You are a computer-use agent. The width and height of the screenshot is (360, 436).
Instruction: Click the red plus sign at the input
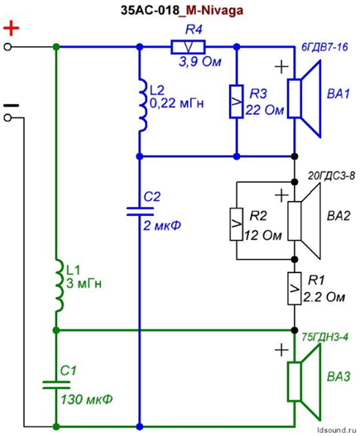coord(11,28)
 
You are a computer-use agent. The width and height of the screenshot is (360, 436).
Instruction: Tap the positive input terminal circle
coord(7,47)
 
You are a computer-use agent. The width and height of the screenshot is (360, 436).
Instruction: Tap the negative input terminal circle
coord(7,118)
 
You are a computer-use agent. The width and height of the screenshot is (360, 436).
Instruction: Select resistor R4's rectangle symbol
coord(188,47)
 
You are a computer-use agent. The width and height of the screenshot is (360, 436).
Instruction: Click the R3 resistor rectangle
coord(237,102)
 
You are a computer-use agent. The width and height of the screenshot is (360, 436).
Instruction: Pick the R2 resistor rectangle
coord(237,224)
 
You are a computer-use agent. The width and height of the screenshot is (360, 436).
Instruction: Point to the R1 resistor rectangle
coord(295,289)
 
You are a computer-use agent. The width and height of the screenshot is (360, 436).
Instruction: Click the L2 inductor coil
coord(142,105)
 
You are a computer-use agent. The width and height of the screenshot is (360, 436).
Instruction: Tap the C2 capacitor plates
coord(140,211)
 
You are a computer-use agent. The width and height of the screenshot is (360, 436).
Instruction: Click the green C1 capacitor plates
coord(56,385)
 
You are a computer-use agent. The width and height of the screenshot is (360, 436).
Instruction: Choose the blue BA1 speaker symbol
coord(304,98)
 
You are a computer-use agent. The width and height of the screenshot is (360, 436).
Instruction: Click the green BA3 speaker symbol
coord(304,381)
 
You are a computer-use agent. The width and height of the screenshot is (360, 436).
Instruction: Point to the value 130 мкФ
coord(87,400)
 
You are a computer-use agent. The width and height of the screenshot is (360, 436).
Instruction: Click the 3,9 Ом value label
coord(200,62)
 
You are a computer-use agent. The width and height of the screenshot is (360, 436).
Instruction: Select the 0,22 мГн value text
coord(177,103)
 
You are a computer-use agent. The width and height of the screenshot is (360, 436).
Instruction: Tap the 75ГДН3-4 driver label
coord(324,338)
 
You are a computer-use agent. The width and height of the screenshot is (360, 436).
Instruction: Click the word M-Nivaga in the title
coord(214,10)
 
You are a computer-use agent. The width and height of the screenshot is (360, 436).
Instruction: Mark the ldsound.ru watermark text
coord(337,430)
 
